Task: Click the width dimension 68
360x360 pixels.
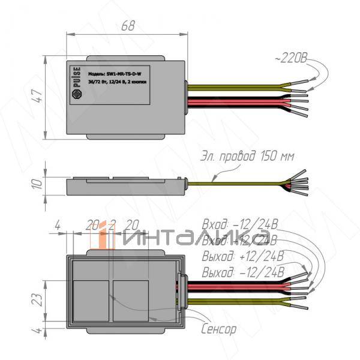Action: pos(127,27)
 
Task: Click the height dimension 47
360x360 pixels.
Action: pos(38,98)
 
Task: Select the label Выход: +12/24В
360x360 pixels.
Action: pos(243,258)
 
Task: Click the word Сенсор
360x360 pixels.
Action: pos(218,329)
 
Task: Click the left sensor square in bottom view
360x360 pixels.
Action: pos(90,298)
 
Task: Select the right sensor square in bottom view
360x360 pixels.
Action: pos(130,298)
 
